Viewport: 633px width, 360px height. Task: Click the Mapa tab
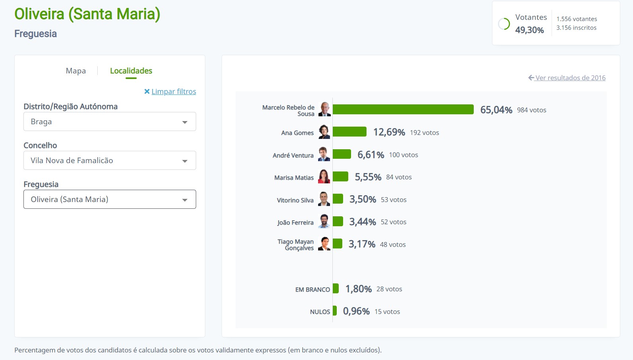click(x=76, y=71)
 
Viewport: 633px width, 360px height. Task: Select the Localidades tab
click(x=131, y=71)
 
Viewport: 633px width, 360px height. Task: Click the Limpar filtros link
click(x=174, y=92)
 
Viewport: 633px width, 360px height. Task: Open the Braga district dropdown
click(x=110, y=121)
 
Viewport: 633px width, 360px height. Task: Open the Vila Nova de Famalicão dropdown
click(x=110, y=160)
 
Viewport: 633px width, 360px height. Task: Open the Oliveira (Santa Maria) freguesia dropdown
click(x=110, y=199)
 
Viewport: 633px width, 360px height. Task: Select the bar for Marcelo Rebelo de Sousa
click(x=403, y=110)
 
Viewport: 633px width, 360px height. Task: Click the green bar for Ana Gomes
click(x=349, y=132)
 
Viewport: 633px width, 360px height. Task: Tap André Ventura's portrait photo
click(x=324, y=154)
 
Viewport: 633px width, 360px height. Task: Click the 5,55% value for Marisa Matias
click(x=368, y=177)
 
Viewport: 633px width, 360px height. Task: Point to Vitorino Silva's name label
click(x=295, y=200)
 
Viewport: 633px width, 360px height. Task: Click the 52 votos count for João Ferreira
click(x=393, y=222)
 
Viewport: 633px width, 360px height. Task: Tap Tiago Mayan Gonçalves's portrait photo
click(x=324, y=244)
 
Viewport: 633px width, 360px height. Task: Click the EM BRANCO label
click(x=313, y=290)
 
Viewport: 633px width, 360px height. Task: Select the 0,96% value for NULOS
click(x=356, y=312)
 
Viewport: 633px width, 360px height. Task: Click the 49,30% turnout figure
click(x=529, y=30)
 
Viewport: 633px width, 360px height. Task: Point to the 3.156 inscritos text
click(x=576, y=28)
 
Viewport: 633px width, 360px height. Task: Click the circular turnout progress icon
click(x=504, y=24)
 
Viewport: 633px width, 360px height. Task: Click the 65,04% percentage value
click(x=496, y=110)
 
